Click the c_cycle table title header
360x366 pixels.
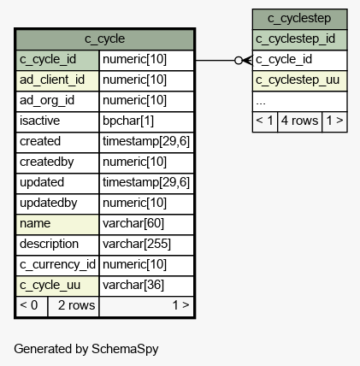(x=105, y=39)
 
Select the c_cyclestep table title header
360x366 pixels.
(x=299, y=19)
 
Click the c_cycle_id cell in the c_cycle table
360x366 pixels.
(x=57, y=60)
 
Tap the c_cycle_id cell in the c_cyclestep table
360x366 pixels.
(x=299, y=60)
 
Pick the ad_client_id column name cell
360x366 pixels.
(x=57, y=80)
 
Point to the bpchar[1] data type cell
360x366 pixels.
(x=146, y=121)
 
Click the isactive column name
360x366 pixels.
(x=39, y=121)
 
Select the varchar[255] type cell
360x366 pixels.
(x=146, y=245)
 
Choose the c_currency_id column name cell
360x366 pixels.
(x=57, y=265)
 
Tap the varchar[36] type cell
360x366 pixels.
(x=146, y=286)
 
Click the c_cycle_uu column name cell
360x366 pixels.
(x=57, y=286)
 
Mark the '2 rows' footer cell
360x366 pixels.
(x=74, y=306)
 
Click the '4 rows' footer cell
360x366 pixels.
(x=299, y=121)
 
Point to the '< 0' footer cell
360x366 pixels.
(x=32, y=306)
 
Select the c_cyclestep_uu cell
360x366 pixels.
(x=299, y=80)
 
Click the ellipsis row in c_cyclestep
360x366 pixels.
(x=299, y=101)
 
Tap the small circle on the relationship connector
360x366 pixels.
(x=239, y=61)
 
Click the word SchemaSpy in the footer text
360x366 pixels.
(x=125, y=349)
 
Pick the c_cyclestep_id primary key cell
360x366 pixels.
(x=299, y=39)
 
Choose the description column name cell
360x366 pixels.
(x=57, y=245)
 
